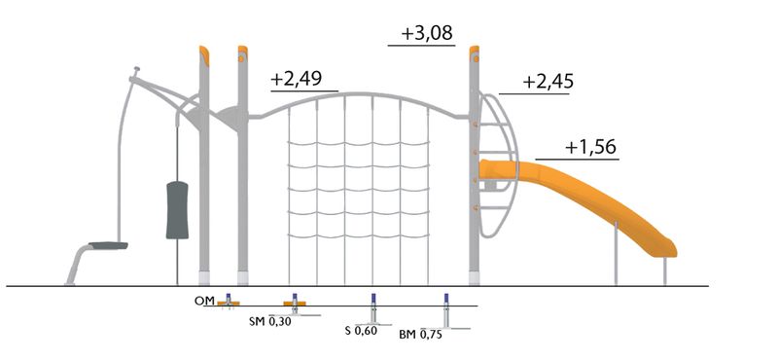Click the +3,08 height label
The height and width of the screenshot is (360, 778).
(427, 34)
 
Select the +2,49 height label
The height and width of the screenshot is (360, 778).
(297, 79)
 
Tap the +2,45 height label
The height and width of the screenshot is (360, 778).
(548, 82)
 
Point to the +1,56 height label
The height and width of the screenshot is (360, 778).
(590, 147)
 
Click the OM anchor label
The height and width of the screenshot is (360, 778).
(205, 301)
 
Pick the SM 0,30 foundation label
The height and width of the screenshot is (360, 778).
(270, 321)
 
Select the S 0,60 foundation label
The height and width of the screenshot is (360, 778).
(361, 330)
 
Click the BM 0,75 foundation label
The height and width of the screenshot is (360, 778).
(420, 334)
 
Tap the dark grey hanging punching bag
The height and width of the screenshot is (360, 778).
(177, 210)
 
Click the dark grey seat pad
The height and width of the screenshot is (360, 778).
(108, 245)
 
